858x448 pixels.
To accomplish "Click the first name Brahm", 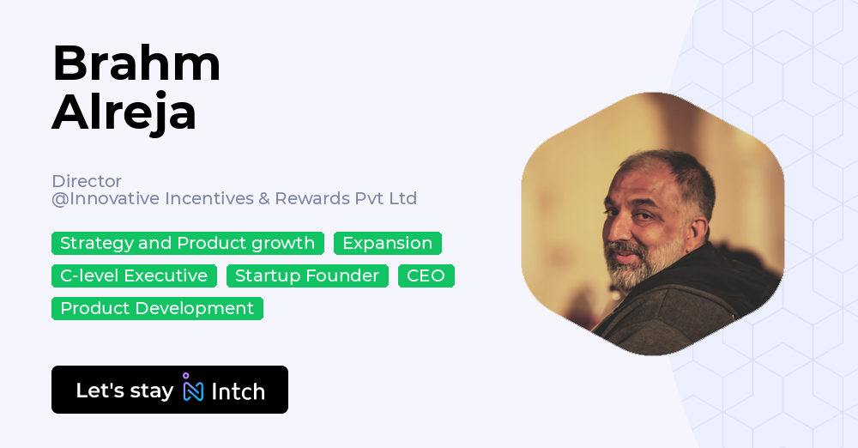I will point(136,64).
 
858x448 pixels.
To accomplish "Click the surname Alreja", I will point(124,112).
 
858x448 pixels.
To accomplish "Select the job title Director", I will point(87,181).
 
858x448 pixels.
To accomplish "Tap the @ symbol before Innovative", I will point(60,199).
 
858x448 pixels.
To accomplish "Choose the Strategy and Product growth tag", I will point(188,243).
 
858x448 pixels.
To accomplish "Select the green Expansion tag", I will point(388,243).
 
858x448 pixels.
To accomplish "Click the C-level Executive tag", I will point(134,275).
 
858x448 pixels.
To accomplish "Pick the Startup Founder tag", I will point(307,275).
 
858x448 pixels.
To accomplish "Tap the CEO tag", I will point(426,275).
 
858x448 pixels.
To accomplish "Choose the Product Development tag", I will point(157,308).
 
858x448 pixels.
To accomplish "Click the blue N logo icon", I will point(193,390).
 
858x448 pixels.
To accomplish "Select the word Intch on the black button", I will point(238,391).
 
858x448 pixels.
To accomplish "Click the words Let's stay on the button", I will point(124,390).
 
